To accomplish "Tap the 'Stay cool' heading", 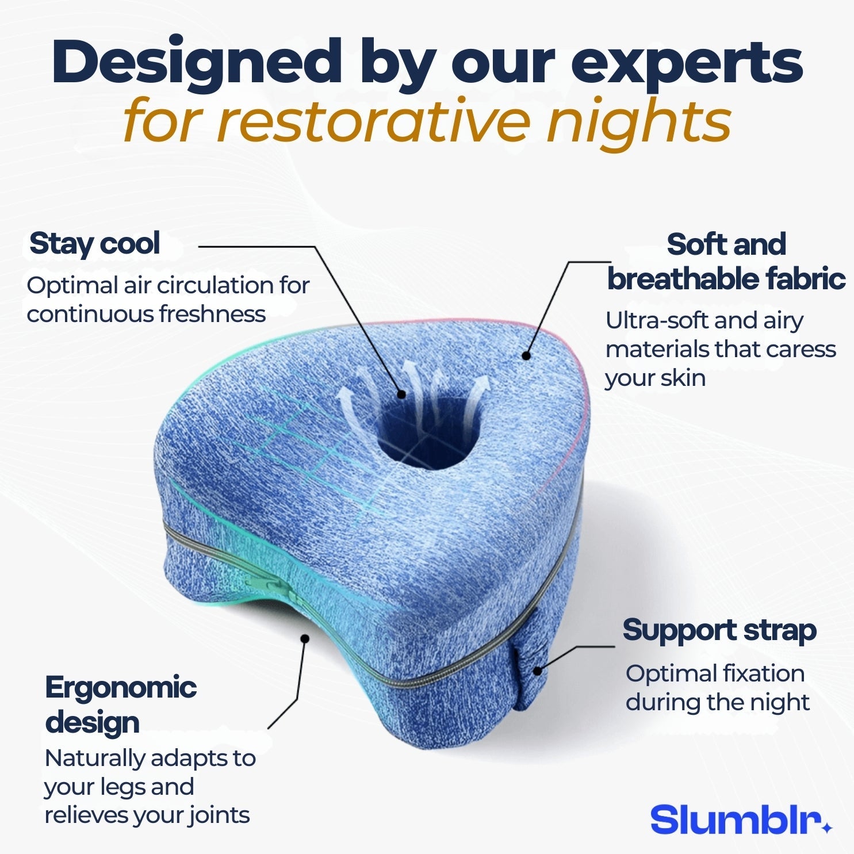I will coord(94,243).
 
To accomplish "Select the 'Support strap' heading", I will coord(719,630).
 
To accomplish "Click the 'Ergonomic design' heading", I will coord(120,704).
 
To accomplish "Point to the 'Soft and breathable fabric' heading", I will coord(726,262).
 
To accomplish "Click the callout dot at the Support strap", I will coord(537,671).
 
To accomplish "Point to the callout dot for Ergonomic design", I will coord(305,638).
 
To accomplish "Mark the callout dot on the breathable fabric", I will coord(526,356).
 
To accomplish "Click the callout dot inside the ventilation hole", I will coord(401,395).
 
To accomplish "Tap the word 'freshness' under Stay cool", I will coord(212,314).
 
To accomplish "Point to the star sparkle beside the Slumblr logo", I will coord(827,828).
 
